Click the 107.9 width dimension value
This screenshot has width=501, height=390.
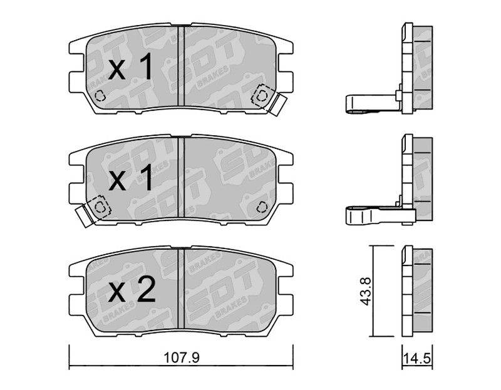pos(181,357)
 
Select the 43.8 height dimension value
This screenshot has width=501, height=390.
pos(365,291)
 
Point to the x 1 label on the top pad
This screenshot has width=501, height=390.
pos(130,68)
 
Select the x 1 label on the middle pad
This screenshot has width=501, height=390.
pos(130,179)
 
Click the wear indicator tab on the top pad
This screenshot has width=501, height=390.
pos(277,105)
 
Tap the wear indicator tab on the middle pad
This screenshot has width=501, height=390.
pos(85,216)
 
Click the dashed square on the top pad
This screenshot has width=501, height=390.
pos(262,95)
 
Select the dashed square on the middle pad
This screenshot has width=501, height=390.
pos(100,207)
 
